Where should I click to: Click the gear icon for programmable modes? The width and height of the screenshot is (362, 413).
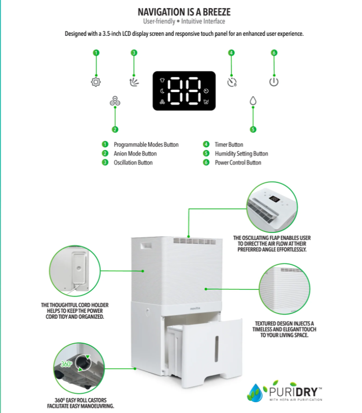point(96,82)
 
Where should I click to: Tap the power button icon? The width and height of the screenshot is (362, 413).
point(274,82)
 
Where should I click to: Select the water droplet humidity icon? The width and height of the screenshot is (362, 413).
point(253,101)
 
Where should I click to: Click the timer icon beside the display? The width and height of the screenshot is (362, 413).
point(231,82)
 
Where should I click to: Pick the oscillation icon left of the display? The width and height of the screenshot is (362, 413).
point(134,82)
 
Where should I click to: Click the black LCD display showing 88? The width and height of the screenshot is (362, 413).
point(184,91)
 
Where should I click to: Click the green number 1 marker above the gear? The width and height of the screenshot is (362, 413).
point(96,53)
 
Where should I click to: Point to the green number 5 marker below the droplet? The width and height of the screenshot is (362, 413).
point(253,129)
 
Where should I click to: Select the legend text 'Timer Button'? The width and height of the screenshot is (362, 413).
point(229,145)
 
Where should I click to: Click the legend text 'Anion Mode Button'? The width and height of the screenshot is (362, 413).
point(135,154)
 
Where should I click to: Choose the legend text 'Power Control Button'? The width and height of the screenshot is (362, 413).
point(238,163)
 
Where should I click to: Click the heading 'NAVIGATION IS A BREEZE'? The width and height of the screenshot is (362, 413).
point(184,11)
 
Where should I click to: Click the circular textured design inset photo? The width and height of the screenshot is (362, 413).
point(285,289)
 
